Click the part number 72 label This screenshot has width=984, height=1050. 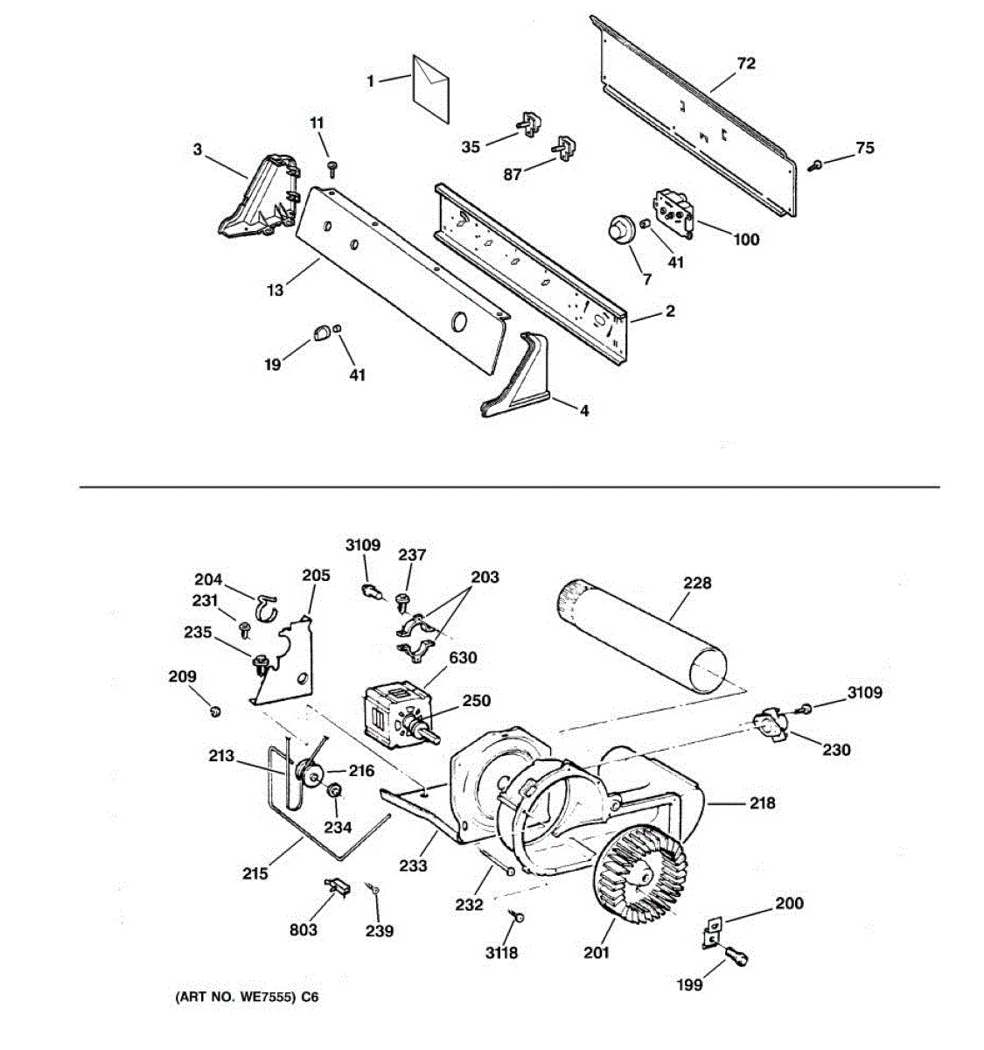[x=746, y=64]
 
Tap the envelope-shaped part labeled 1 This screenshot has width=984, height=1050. [x=430, y=89]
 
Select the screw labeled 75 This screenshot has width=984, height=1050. [x=814, y=166]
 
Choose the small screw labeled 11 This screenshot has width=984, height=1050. [x=332, y=170]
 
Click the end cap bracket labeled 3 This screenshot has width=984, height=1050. [x=259, y=196]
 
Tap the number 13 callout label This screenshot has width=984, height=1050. [x=275, y=290]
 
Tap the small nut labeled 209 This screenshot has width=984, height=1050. [x=214, y=711]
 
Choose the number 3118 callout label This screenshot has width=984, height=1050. [x=501, y=953]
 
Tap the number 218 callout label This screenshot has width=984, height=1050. [x=763, y=803]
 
